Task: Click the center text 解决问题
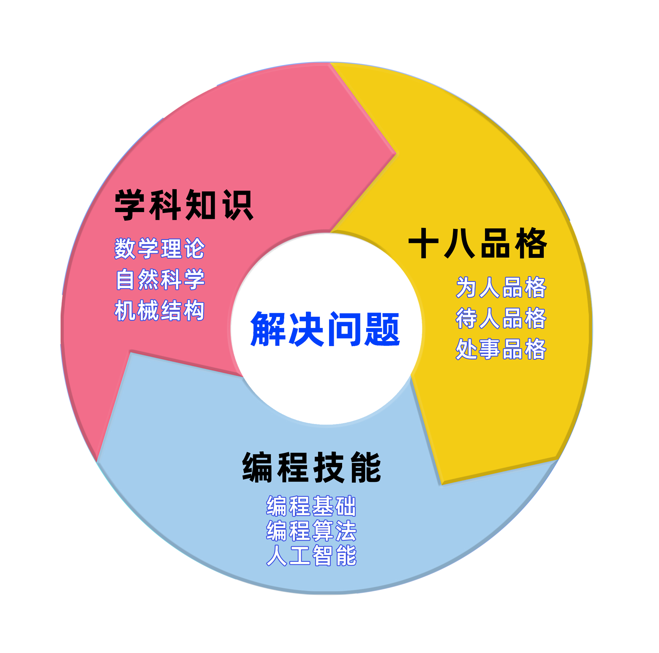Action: click(325, 329)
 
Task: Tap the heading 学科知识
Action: click(184, 205)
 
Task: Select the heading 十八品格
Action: click(477, 243)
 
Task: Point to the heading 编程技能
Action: click(311, 467)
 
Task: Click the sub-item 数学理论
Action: click(160, 248)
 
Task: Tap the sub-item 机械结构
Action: click(160, 310)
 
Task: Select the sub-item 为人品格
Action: click(501, 287)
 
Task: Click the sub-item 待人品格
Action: click(501, 318)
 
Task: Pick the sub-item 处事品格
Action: click(501, 349)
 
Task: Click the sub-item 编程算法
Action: click(311, 530)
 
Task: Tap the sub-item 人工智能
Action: click(311, 555)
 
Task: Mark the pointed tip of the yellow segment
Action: click(442, 484)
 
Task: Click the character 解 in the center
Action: click(268, 329)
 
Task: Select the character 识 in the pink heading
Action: click(238, 205)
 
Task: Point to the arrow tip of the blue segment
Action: click(131, 351)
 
